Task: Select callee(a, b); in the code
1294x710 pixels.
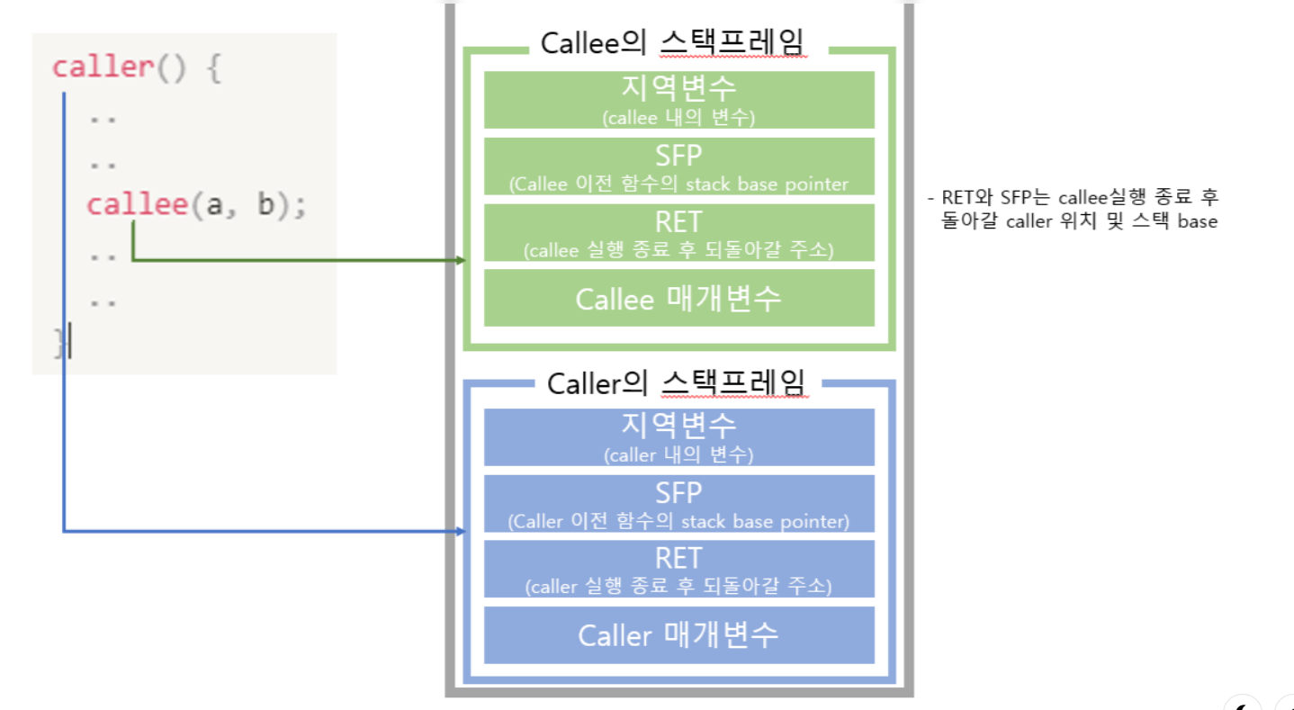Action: coord(196,205)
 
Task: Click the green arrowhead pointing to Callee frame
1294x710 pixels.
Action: coord(462,260)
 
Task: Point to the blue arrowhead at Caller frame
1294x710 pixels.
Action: coord(462,532)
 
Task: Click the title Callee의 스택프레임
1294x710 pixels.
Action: coord(673,43)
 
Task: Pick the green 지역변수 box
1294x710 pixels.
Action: coord(678,99)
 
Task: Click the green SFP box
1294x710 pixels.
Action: coord(678,166)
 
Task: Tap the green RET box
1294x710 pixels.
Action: coord(678,232)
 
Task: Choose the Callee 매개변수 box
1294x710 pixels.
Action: coord(678,298)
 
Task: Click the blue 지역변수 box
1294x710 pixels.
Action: coord(678,436)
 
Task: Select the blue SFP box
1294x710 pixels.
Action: coord(678,503)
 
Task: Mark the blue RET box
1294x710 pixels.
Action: coord(678,569)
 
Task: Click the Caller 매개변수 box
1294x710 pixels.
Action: coord(678,635)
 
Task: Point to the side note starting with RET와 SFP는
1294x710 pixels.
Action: coord(1073,209)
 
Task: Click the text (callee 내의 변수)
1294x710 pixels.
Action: coord(678,117)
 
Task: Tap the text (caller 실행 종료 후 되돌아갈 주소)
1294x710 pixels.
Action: coord(678,587)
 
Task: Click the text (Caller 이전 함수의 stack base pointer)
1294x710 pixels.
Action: coord(678,521)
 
